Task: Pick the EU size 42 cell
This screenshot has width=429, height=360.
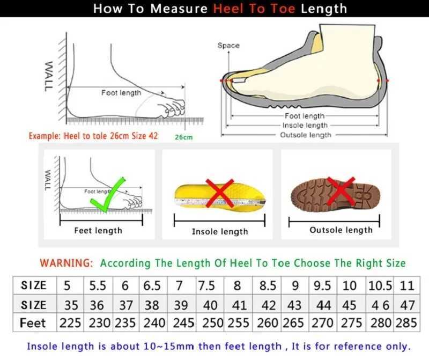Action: (x=268, y=305)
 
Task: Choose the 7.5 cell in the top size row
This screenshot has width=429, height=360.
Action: (x=206, y=285)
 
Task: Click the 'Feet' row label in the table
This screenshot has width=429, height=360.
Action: (x=33, y=324)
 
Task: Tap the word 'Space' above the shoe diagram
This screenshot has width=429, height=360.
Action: (x=228, y=46)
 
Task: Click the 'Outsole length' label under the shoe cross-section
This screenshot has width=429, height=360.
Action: (x=306, y=135)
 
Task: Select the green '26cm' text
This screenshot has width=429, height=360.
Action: (x=183, y=137)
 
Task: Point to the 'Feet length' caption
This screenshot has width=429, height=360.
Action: (x=98, y=231)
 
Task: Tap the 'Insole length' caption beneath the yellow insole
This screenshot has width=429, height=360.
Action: (x=220, y=232)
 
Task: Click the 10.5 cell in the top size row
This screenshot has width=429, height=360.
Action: (x=380, y=285)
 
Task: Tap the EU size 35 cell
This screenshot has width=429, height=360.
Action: (x=71, y=305)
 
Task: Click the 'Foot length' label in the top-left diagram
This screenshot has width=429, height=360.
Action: (x=121, y=93)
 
